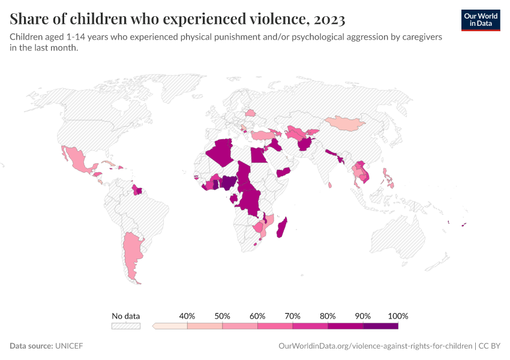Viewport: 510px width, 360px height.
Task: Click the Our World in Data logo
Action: (481, 20)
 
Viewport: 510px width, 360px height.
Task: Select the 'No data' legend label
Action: (126, 316)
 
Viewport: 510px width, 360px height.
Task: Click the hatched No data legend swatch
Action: (126, 326)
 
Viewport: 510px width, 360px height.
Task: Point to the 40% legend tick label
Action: (187, 316)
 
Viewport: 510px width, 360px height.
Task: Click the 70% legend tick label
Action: (293, 316)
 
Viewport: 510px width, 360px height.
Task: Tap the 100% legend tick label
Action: (398, 316)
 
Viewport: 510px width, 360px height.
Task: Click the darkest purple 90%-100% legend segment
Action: (380, 326)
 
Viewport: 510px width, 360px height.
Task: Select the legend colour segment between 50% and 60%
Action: (240, 326)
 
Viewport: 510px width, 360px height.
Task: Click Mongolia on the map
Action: (344, 123)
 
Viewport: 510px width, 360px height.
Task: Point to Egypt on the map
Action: (259, 155)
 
